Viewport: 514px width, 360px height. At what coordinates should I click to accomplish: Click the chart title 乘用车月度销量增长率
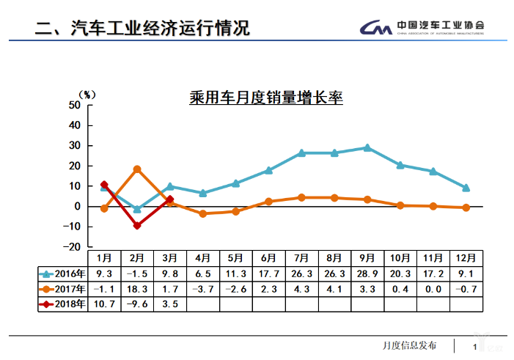click(265, 98)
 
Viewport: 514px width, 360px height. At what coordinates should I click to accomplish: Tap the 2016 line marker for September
click(367, 147)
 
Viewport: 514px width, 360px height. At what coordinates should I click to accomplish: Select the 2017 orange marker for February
click(137, 169)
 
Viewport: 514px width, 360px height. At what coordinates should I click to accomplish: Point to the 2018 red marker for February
click(137, 226)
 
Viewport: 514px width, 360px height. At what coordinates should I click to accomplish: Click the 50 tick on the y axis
click(73, 105)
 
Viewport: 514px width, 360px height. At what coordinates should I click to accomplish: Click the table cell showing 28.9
click(367, 273)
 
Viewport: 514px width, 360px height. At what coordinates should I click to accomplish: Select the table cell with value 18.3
click(137, 289)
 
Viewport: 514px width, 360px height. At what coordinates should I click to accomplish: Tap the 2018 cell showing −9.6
click(137, 304)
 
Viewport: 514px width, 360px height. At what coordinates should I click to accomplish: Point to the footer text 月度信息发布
click(409, 345)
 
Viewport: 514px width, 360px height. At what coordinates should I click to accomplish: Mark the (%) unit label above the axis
click(87, 95)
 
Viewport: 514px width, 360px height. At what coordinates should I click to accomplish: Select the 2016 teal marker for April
click(203, 193)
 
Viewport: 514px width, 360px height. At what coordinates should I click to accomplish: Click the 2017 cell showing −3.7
click(203, 289)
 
